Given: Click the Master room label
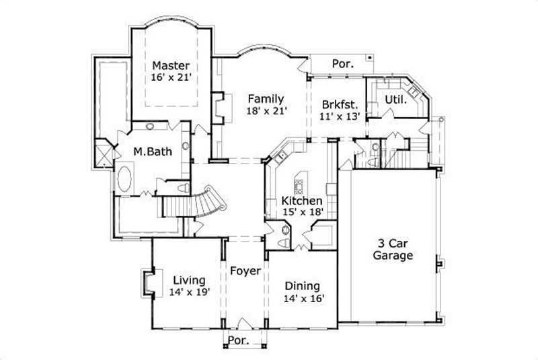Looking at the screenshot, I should [170, 65].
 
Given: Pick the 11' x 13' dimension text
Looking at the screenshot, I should [340, 116].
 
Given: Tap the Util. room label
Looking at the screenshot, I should [394, 100].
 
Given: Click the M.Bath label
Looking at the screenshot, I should [152, 151].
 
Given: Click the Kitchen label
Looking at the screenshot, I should [301, 201].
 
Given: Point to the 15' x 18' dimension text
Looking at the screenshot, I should [303, 212].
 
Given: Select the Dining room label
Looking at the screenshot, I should [302, 285].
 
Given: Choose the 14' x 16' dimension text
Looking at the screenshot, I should [302, 297].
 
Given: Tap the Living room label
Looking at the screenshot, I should [189, 280].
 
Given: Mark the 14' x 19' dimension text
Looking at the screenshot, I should [190, 292].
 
